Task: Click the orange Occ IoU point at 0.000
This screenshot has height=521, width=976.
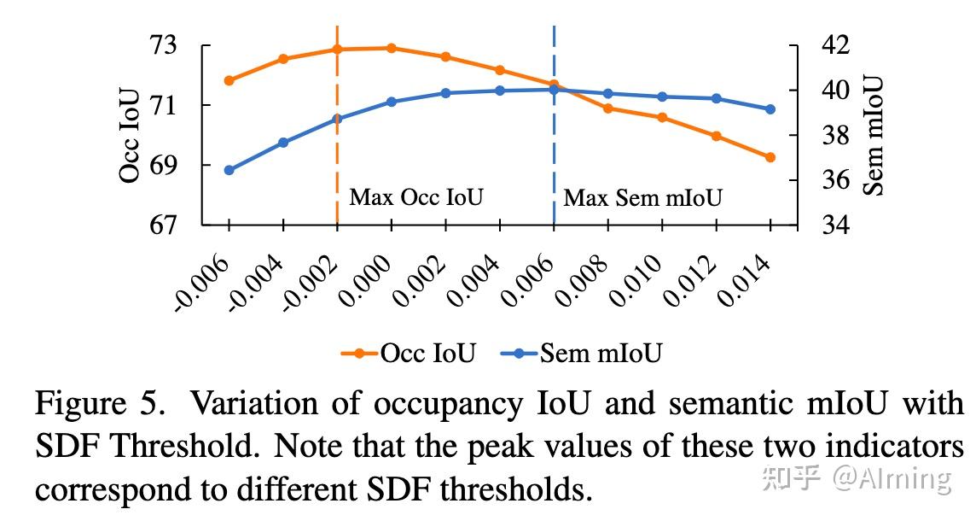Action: [x=392, y=48]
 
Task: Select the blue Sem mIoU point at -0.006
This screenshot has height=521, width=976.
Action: [x=229, y=170]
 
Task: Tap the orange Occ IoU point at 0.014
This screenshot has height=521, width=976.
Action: [x=770, y=157]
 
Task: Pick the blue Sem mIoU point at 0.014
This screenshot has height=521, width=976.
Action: [x=770, y=109]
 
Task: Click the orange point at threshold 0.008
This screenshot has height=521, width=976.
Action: [x=608, y=108]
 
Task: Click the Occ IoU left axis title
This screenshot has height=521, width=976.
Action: [x=130, y=135]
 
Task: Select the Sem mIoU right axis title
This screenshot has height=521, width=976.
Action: [x=872, y=135]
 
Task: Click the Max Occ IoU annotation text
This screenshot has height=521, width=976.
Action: [x=415, y=198]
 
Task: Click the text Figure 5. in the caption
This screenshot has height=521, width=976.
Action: [x=100, y=403]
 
